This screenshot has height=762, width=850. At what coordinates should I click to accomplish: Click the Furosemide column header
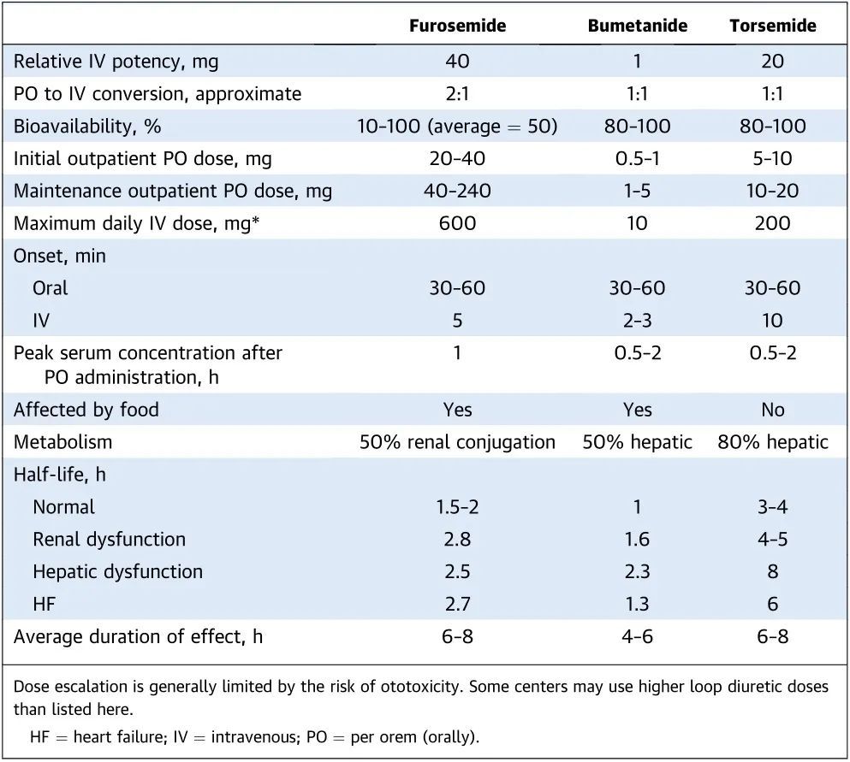tap(457, 26)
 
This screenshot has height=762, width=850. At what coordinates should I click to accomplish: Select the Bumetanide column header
tap(637, 26)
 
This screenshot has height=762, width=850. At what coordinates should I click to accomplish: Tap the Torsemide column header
tap(772, 26)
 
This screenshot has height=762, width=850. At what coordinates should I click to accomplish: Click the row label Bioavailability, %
tap(87, 127)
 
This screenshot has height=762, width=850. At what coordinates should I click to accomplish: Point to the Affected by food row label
tap(86, 410)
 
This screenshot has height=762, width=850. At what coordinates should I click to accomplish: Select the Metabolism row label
tap(63, 442)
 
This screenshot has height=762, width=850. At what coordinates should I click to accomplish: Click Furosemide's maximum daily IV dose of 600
tap(457, 224)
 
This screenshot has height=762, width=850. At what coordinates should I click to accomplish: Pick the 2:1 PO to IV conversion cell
tap(457, 94)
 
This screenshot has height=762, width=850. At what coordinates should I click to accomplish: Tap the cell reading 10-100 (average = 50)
tap(457, 127)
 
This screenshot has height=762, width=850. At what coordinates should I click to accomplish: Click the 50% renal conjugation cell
tap(457, 442)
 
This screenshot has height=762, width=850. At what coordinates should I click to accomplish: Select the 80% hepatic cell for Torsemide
tap(772, 442)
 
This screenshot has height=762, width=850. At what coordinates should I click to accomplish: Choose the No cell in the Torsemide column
tap(772, 410)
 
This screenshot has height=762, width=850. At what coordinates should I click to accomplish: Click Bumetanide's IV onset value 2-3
tap(637, 321)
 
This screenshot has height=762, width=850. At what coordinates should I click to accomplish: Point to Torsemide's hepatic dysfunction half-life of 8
tap(772, 572)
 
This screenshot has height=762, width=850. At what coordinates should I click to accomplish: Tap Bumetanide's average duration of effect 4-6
tap(637, 637)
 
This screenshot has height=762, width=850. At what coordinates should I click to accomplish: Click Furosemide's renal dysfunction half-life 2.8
tap(457, 540)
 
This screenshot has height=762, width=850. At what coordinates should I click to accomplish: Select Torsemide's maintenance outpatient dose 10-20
tap(772, 192)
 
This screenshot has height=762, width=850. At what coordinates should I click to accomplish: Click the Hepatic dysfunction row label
tap(117, 572)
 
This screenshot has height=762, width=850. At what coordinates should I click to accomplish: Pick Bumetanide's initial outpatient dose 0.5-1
tap(637, 159)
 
